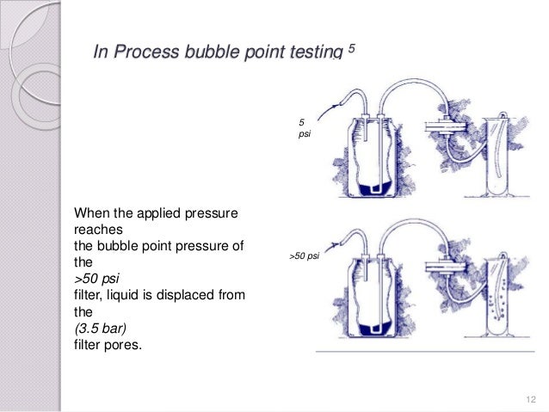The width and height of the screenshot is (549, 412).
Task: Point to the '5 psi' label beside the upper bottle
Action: coord(303,130)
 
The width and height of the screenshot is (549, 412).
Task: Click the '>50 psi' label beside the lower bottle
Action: coord(305,257)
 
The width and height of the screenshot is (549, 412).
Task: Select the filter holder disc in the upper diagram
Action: coord(442,126)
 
